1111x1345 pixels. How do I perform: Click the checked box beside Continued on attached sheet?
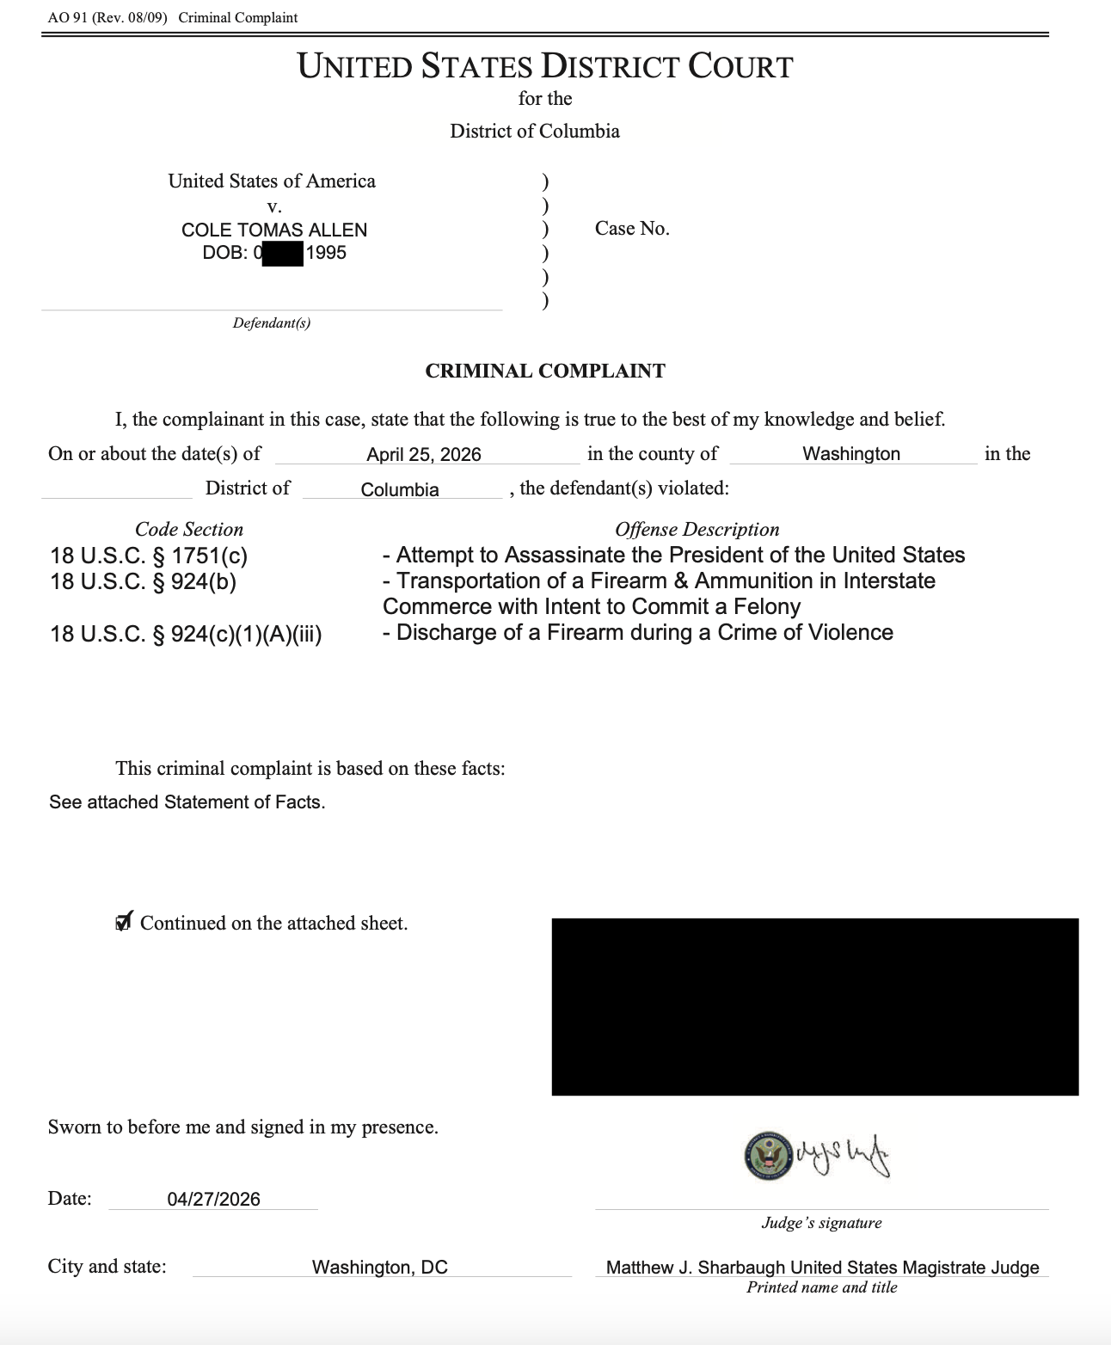124,923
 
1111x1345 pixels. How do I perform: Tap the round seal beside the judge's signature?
768,1156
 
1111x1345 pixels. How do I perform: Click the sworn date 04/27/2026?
213,1200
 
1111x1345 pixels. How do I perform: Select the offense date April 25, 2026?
423,455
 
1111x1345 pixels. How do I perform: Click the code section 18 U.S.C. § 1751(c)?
149,556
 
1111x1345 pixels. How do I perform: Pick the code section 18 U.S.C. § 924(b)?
143,581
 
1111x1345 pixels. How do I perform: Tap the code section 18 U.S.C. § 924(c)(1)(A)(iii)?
186,634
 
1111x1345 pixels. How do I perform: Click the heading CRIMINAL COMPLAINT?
545,372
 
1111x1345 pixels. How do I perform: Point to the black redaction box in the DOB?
283,254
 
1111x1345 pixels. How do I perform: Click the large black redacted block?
814,1006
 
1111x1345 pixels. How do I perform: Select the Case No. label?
632,229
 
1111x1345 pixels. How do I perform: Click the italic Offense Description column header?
697,530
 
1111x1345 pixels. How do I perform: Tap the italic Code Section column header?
189,530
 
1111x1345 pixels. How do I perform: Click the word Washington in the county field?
851,454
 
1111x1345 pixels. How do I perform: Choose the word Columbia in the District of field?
400,490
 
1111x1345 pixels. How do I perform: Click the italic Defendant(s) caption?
271,323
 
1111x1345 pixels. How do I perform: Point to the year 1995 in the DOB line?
326,253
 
